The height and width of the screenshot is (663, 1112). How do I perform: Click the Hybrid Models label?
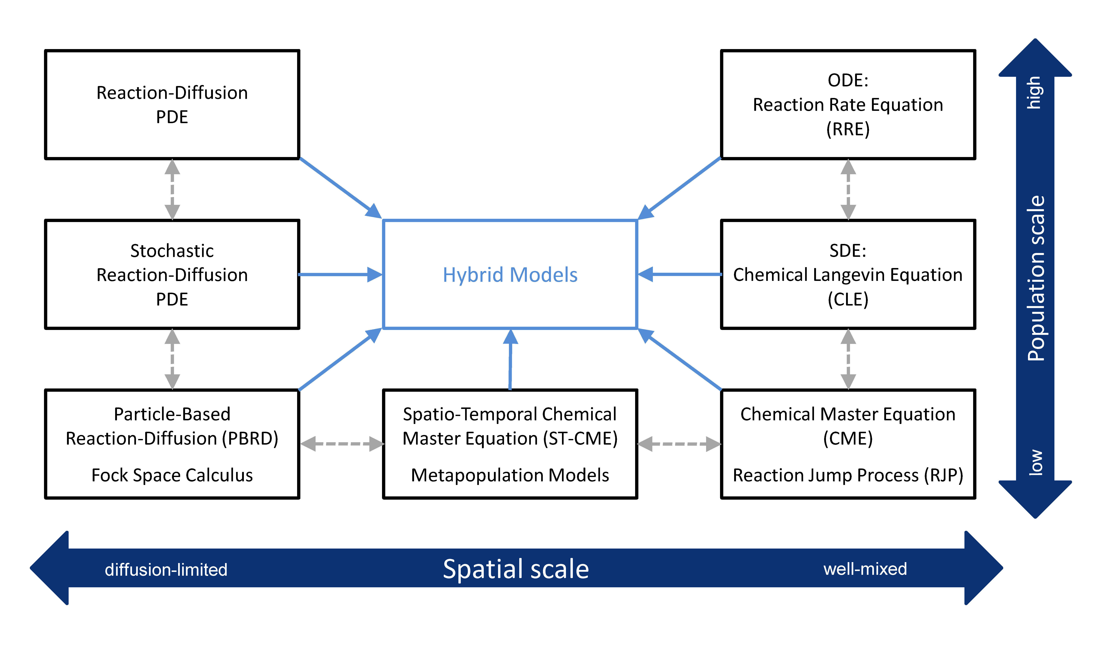click(x=510, y=275)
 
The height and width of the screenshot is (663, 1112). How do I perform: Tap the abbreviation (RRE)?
click(x=848, y=129)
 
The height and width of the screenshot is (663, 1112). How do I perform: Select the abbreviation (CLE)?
click(x=848, y=299)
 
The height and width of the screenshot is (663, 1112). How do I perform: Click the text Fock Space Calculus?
click(x=172, y=475)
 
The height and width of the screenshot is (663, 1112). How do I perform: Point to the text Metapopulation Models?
click(x=510, y=475)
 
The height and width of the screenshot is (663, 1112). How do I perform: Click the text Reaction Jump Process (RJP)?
click(x=848, y=475)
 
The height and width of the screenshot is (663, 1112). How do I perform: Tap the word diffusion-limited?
click(x=166, y=570)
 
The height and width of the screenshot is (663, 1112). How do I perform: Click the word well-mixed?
click(x=865, y=569)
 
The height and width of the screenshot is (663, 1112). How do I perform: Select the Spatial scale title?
click(x=516, y=569)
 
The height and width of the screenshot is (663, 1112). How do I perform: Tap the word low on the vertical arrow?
click(x=1035, y=462)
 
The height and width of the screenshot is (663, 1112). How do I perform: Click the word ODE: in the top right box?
click(x=848, y=80)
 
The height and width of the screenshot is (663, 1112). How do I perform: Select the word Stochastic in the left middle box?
click(x=172, y=251)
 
